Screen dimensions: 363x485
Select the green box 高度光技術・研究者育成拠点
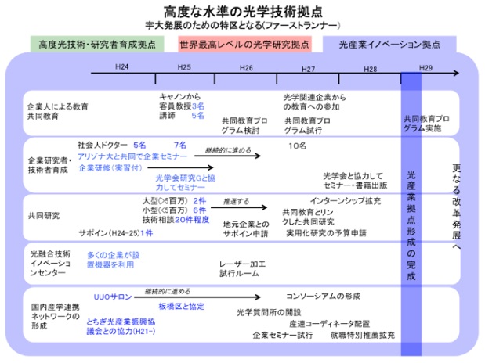coord(96,44)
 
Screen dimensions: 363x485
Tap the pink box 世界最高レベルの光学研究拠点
coord(244,44)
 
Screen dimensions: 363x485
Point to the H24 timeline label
coord(121,68)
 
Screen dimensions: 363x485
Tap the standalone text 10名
coord(297,146)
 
